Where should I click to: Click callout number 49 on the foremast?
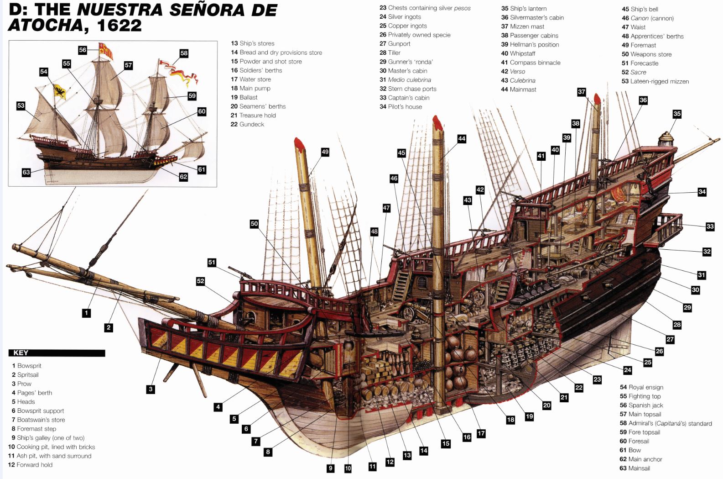(x=325, y=152)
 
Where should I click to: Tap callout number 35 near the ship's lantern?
(x=677, y=114)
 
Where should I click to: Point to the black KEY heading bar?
(x=57, y=353)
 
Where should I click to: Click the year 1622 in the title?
(x=120, y=25)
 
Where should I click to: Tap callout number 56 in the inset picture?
(x=83, y=50)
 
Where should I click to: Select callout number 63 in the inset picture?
(x=26, y=172)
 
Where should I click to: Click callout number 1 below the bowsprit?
(x=86, y=313)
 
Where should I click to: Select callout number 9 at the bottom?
(x=331, y=468)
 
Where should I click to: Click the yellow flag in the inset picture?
(x=60, y=91)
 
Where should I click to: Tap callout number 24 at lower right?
(x=628, y=370)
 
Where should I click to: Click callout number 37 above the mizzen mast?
(x=582, y=92)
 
